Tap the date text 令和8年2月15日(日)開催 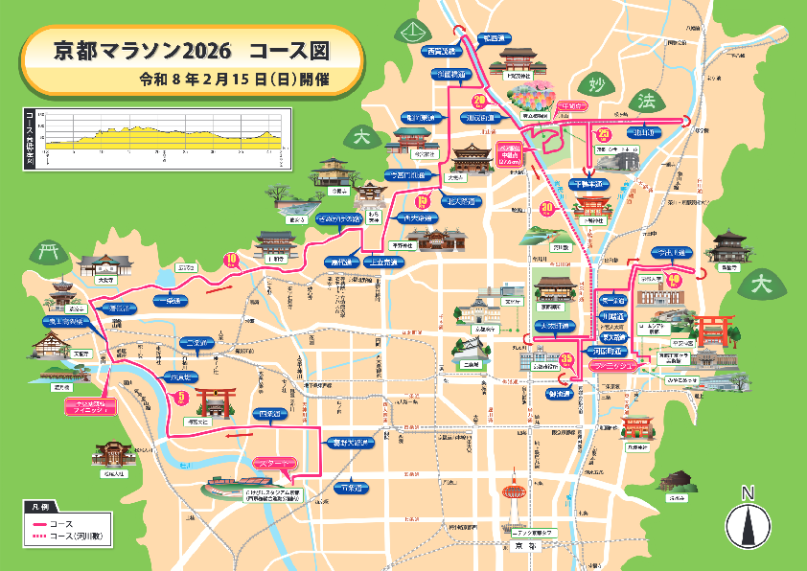coord(233,80)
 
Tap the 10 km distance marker coord(230,259)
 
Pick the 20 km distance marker coord(479,100)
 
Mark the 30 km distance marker coord(547,208)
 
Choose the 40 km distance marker coord(675,280)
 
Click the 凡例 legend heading coord(39,506)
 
